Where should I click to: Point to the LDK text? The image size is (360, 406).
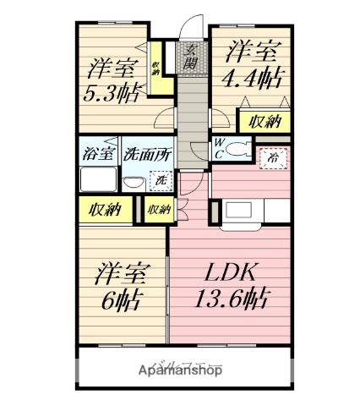[x=224, y=272]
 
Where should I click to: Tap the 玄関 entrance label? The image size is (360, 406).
[x=192, y=58]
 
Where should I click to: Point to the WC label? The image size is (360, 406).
[x=219, y=148]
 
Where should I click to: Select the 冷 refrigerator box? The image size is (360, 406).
[x=273, y=157]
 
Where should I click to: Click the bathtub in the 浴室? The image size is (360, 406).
[x=99, y=179]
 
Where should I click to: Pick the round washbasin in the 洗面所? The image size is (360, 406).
[x=133, y=182]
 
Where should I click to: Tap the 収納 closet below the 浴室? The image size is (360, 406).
[x=106, y=210]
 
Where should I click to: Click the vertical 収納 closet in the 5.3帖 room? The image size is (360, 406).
[x=156, y=69]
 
